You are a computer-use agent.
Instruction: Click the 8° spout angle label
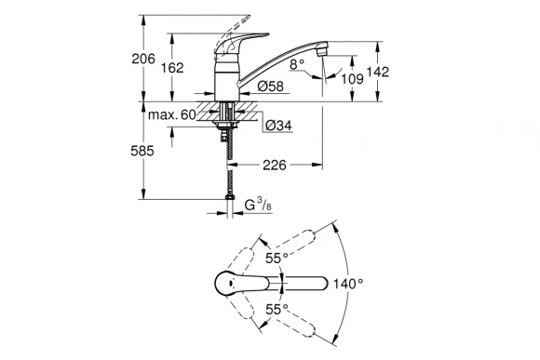[298, 65]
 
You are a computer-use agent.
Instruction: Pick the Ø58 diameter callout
[270, 87]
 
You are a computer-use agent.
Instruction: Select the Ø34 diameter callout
[278, 126]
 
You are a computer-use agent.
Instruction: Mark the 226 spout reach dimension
[274, 167]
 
